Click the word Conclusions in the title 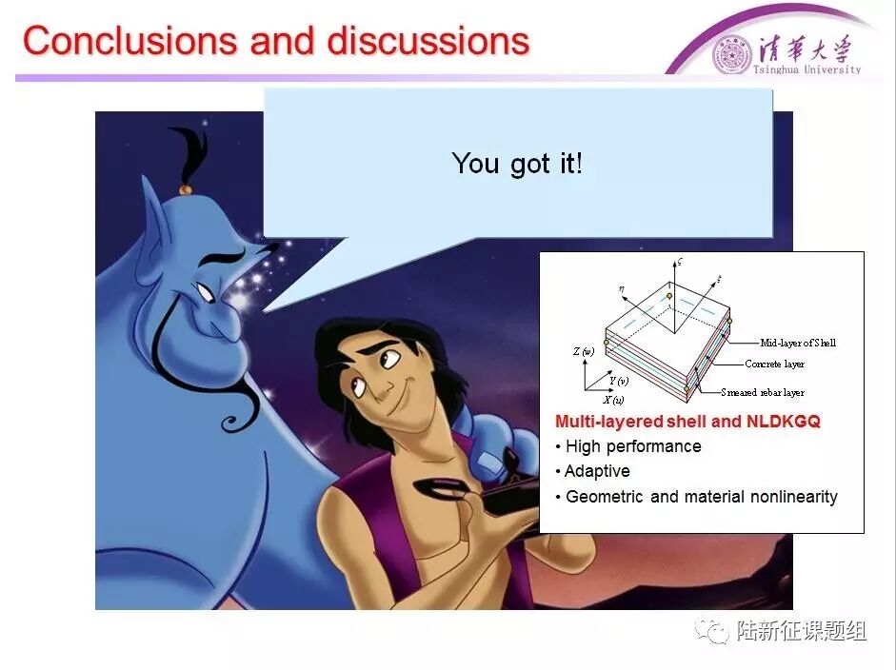[129, 41]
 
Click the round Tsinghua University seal [731, 55]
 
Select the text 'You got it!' [517, 164]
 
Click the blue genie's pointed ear [153, 217]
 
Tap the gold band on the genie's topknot [185, 189]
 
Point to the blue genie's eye [205, 292]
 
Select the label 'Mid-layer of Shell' [798, 343]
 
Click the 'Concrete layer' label [774, 364]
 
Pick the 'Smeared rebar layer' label [763, 392]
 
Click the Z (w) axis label [584, 351]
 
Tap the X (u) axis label [613, 400]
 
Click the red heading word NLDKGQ [784, 422]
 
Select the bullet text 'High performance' [633, 446]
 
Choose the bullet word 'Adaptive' [597, 471]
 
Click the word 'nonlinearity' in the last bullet [794, 497]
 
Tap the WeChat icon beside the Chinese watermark [712, 631]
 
